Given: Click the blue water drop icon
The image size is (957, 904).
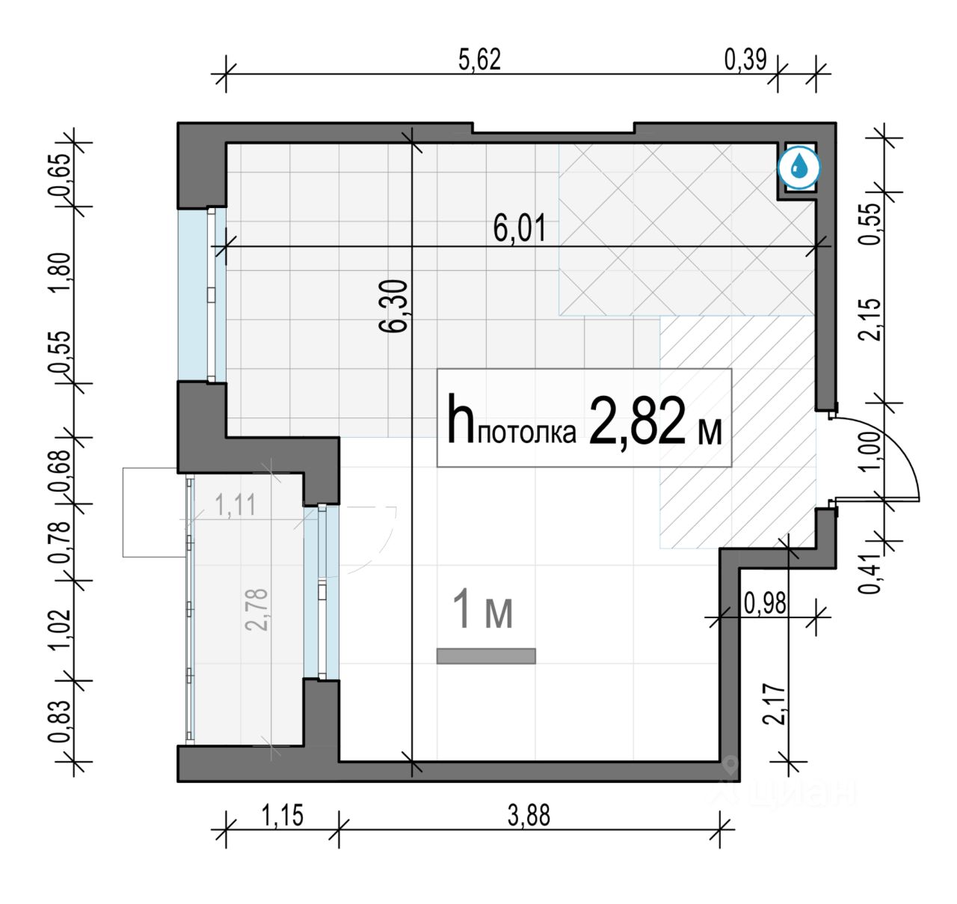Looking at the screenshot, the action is click(799, 168).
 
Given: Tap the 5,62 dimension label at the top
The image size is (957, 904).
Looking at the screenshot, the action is click(479, 60).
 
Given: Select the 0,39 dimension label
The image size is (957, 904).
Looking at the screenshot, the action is click(745, 60).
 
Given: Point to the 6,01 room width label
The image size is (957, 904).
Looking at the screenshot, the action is click(520, 229).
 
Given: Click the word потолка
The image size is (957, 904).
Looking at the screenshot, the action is click(527, 433).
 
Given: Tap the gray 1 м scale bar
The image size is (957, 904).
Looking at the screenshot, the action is click(486, 656).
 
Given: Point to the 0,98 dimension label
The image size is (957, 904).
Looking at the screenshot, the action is click(765, 603).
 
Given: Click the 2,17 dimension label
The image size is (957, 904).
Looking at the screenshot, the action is click(775, 703).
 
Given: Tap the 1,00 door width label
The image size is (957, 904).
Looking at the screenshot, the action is click(872, 451).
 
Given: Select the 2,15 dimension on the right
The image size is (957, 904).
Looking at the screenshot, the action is click(872, 320).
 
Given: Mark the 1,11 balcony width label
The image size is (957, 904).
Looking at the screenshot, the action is click(236, 506).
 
